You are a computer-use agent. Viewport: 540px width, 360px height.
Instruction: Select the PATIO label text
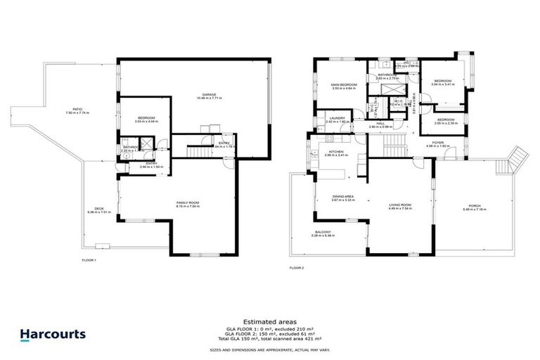tap(67, 109)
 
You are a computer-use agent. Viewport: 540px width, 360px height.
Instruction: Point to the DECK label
tap(94, 208)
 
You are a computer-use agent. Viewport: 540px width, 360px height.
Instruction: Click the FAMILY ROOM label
tap(188, 202)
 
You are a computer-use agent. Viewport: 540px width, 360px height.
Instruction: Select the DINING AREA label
tap(342, 196)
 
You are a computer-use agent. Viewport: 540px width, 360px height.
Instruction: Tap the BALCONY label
tap(324, 233)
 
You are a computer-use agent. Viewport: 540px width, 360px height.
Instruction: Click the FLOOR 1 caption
tap(89, 260)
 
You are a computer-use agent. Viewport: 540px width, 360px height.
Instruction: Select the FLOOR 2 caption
tap(297, 267)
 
